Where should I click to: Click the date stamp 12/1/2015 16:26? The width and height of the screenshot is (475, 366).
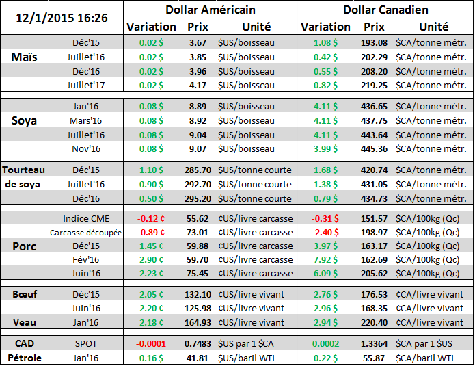click(x=62, y=15)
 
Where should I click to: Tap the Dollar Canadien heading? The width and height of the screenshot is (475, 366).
click(x=385, y=10)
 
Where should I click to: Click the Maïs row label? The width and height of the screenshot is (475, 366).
click(x=25, y=57)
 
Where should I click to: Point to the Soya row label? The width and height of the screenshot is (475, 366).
click(x=25, y=120)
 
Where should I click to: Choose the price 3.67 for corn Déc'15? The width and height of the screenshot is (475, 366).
click(x=198, y=42)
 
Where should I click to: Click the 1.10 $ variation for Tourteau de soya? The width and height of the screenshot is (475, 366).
click(x=152, y=170)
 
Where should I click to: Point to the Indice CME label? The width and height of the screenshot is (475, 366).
click(x=85, y=219)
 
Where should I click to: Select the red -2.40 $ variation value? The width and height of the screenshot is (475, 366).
click(x=326, y=233)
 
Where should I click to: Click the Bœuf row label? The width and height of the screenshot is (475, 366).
click(x=25, y=294)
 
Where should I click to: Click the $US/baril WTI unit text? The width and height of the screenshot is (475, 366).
click(x=249, y=358)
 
